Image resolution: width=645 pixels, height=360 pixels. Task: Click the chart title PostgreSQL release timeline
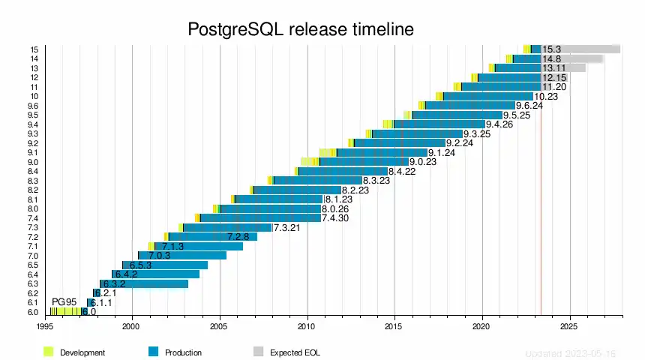(301, 30)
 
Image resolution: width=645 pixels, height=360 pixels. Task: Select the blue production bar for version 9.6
(470, 106)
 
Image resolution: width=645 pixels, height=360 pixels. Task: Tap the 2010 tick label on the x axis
(307, 327)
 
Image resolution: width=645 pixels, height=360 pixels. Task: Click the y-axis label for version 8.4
(32, 172)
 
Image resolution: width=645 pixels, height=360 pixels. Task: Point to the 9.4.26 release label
(499, 124)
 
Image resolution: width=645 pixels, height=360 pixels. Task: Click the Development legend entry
(82, 352)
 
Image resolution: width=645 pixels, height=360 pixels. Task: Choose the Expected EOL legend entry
(295, 352)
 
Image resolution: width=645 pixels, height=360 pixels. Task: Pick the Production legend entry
(183, 352)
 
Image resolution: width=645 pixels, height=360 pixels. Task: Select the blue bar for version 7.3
(227, 228)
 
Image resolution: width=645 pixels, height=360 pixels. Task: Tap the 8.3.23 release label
(377, 181)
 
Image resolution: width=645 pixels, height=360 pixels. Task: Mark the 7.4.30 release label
(335, 218)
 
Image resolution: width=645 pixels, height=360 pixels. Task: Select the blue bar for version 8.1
(278, 199)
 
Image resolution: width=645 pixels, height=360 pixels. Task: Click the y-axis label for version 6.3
(32, 284)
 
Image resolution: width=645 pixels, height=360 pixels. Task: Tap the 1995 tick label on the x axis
(44, 327)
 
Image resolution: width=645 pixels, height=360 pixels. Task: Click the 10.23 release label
(547, 96)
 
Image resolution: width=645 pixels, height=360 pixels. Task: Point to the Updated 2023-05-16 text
(570, 352)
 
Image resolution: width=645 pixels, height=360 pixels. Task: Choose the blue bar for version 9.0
(364, 162)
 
